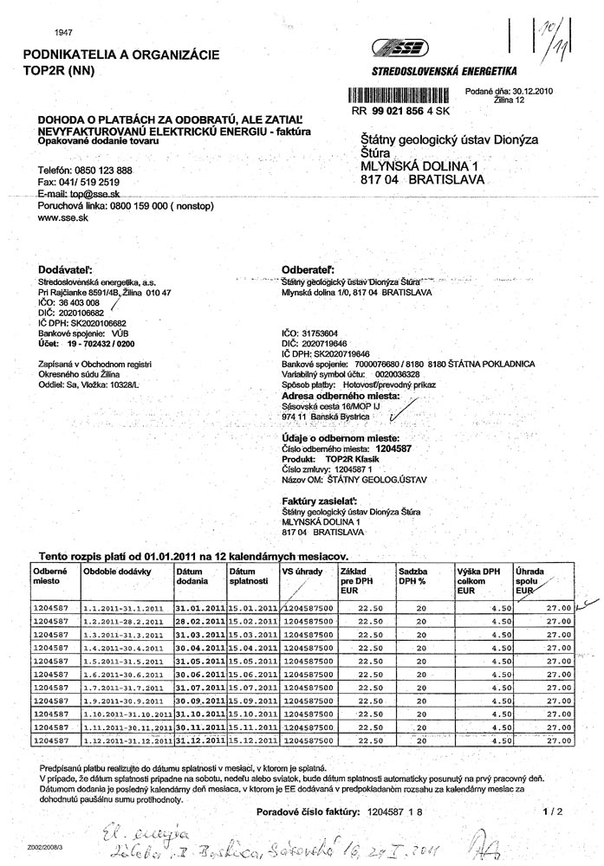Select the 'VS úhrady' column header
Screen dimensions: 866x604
coord(300,572)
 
